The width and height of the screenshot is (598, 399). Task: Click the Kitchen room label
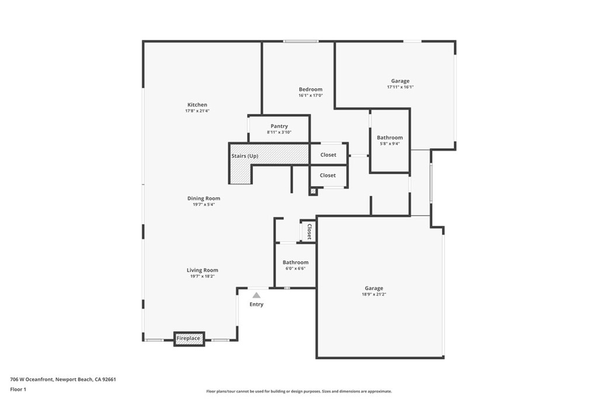pyautogui.click(x=197, y=105)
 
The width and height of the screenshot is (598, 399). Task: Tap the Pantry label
pyautogui.click(x=279, y=126)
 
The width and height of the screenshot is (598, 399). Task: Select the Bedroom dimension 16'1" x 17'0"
pyautogui.click(x=310, y=96)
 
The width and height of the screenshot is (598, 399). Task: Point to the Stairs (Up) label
pyautogui.click(x=245, y=156)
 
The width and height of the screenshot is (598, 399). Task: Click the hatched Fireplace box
pyautogui.click(x=189, y=339)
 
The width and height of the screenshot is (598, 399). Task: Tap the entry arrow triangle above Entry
pyautogui.click(x=256, y=296)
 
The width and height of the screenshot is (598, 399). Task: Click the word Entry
pyautogui.click(x=256, y=304)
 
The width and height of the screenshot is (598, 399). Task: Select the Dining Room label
pyautogui.click(x=203, y=199)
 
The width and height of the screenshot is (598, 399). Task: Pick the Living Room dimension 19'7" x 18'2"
pyautogui.click(x=202, y=276)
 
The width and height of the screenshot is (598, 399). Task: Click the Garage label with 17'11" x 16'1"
pyautogui.click(x=400, y=81)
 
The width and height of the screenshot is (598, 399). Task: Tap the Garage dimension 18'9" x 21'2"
pyautogui.click(x=374, y=294)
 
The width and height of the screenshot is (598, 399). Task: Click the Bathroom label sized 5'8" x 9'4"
pyautogui.click(x=390, y=138)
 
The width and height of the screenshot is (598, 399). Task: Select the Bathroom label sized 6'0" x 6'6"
pyautogui.click(x=295, y=263)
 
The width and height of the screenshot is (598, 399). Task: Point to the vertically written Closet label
pyautogui.click(x=309, y=231)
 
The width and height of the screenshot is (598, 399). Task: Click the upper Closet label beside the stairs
pyautogui.click(x=328, y=155)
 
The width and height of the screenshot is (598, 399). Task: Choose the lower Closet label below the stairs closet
pyautogui.click(x=328, y=175)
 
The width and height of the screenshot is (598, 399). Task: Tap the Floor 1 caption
pyautogui.click(x=18, y=389)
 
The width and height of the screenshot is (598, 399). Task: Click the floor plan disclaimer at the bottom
pyautogui.click(x=298, y=391)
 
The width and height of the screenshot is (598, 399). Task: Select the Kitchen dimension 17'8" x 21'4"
pyautogui.click(x=197, y=111)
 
